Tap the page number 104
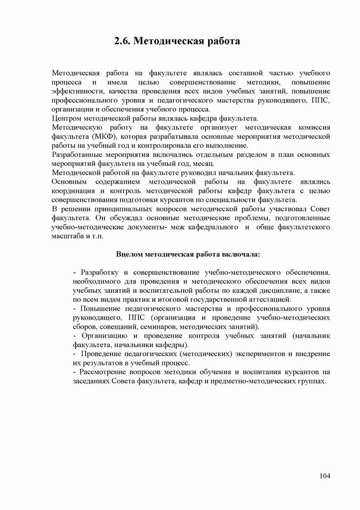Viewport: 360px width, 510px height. (325, 476)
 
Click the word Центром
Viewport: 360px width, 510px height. (66, 119)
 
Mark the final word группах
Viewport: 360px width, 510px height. (311, 381)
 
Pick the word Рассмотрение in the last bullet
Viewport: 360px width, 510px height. (103, 372)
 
